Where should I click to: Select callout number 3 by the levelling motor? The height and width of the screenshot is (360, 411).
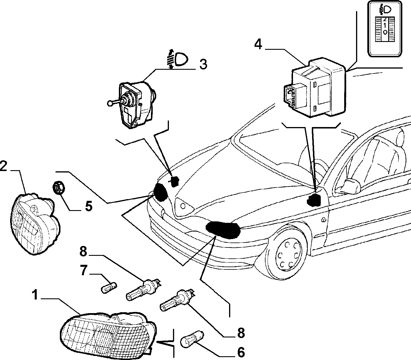[203, 64]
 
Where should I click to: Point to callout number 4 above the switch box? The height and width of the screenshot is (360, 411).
[258, 44]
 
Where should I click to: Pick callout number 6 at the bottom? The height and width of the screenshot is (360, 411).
[241, 352]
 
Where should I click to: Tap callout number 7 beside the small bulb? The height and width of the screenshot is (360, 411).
[84, 270]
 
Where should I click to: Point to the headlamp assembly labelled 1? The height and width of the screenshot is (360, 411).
[108, 335]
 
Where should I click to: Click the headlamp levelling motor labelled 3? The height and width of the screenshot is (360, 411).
[134, 104]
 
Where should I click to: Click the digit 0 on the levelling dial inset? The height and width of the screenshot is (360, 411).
[385, 32]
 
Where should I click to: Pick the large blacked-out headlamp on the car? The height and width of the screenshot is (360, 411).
[223, 229]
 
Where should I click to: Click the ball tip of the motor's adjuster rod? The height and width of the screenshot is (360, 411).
[110, 103]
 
